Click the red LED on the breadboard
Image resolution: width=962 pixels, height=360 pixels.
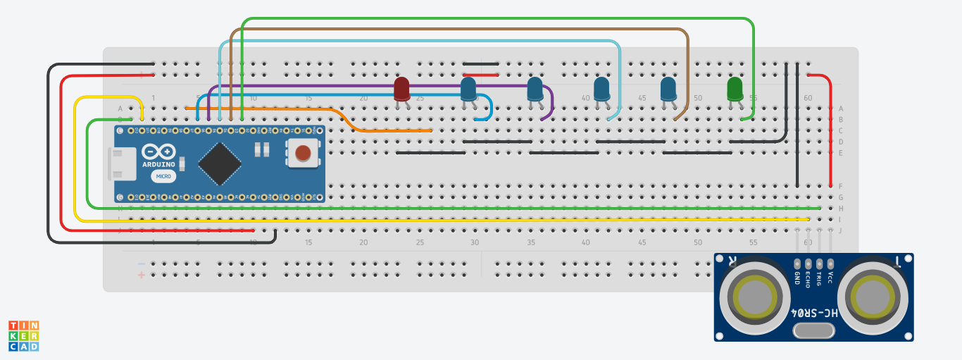point(401,89)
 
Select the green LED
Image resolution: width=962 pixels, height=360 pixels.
point(735,89)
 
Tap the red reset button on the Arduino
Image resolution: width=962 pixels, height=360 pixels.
point(303,153)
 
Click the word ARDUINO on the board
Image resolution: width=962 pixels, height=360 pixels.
point(158,163)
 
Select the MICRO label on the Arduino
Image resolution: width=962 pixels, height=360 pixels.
point(163,176)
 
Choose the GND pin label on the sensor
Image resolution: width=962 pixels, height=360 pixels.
point(797,278)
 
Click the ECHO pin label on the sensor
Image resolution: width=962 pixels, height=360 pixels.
point(808,279)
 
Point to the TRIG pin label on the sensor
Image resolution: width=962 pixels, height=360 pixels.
point(820,278)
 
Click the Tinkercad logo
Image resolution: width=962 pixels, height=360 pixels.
point(24,336)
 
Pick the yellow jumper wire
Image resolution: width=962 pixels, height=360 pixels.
point(423,220)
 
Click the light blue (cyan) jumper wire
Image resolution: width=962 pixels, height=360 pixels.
point(423,41)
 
